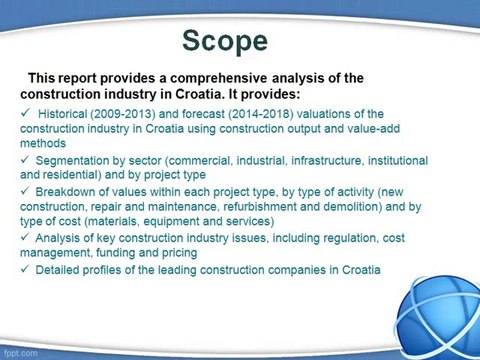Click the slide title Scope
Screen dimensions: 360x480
224,40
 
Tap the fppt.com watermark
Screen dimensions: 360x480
20,353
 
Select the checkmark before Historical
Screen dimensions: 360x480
26,114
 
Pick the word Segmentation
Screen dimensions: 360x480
76,160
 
